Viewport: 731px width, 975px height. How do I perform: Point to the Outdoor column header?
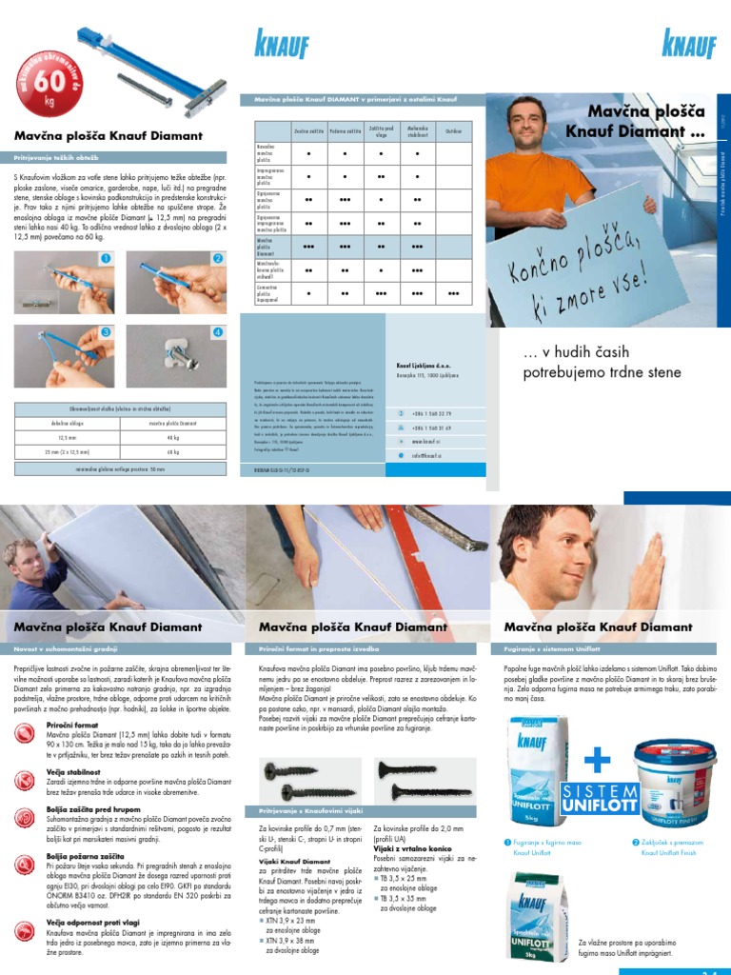click(x=453, y=130)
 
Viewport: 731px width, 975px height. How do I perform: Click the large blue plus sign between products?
click(x=596, y=759)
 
